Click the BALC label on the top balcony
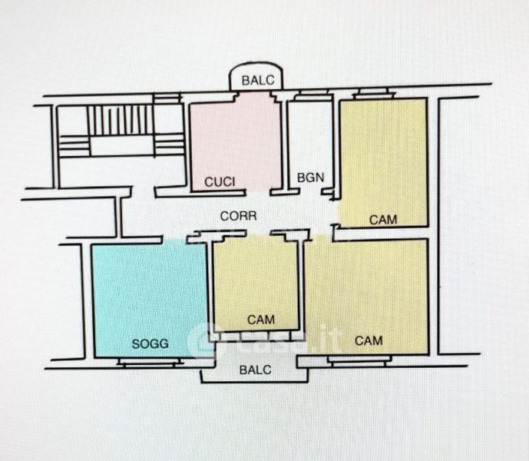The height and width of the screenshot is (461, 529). point(256,80)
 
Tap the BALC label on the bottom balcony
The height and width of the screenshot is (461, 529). point(255,370)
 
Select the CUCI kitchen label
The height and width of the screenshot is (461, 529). point(219,182)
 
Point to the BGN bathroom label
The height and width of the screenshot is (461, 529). point(310,178)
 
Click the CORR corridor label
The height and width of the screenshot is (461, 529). point(238,217)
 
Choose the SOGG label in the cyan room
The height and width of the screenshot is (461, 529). point(150,343)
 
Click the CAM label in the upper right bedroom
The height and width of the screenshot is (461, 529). point(383,219)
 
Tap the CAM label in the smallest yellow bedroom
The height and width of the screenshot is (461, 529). point(261,319)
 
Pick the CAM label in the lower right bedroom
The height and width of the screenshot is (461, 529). point(369,339)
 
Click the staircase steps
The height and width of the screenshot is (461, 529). point(120,120)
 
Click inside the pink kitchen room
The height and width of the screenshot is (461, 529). point(235,138)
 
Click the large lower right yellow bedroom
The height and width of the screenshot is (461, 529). point(369,292)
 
